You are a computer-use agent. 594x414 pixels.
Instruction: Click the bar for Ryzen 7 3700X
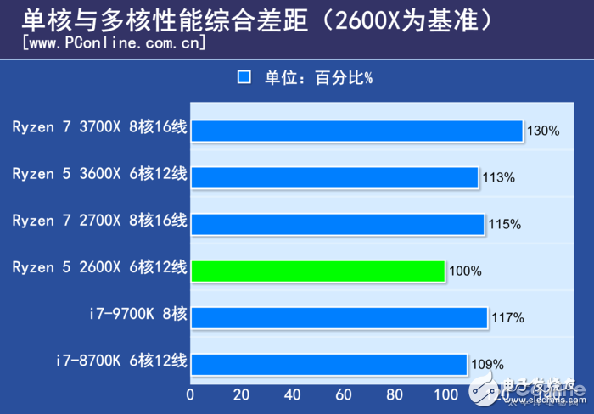point(356,131)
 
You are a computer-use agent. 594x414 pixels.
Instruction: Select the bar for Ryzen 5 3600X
point(335,177)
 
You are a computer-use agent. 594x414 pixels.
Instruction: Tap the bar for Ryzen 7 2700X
point(338,224)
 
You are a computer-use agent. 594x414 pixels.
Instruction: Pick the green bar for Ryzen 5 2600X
point(318,271)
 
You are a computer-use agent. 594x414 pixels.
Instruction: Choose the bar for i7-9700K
point(339,317)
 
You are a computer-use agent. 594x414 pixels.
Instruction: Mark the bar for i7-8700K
point(329,364)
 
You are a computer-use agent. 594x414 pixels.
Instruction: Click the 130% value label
point(543,131)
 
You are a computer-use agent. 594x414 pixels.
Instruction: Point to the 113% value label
point(499,177)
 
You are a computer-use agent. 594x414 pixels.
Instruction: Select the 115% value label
point(504,224)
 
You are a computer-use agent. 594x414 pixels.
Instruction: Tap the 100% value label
point(465,271)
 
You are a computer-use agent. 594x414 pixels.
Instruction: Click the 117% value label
point(507,318)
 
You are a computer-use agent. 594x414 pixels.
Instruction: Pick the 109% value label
point(487,365)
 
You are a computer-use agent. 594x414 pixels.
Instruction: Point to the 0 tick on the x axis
point(190,394)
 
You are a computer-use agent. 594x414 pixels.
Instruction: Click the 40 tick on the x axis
point(293,394)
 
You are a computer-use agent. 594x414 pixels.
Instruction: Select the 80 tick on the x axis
point(395,394)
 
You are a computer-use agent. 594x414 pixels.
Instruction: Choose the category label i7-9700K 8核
point(137,314)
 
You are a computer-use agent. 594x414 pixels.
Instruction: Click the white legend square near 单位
point(244,77)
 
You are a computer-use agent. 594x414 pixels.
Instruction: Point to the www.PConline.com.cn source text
point(114,42)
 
